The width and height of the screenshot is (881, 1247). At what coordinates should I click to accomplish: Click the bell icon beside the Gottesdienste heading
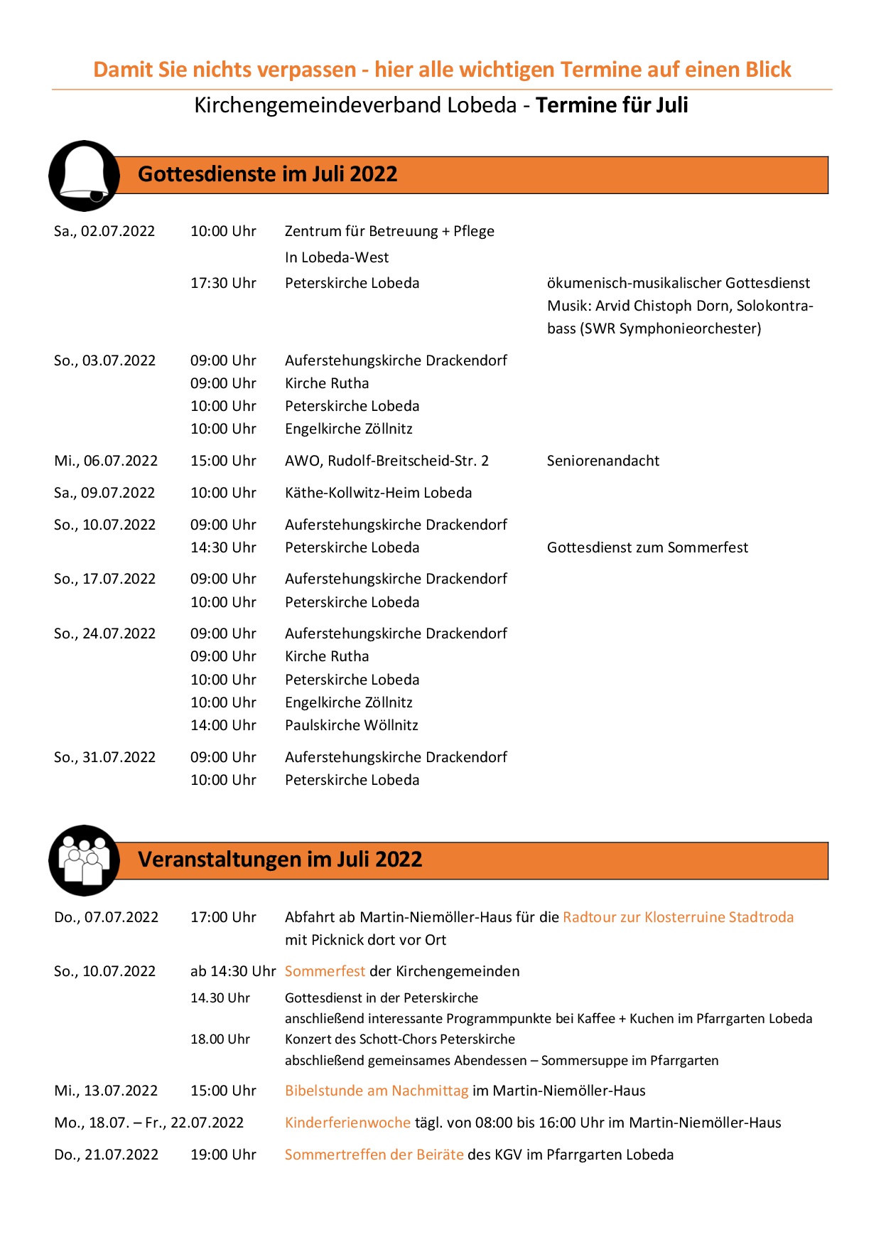tap(84, 175)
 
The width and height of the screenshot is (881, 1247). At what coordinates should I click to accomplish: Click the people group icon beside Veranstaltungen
tap(84, 860)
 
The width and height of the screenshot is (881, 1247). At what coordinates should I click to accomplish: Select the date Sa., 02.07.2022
tap(104, 231)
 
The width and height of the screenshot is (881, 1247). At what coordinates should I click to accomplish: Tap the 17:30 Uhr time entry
tap(223, 283)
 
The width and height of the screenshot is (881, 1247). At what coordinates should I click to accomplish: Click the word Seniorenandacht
tap(602, 461)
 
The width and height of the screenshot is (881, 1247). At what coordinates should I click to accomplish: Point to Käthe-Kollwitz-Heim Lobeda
tap(378, 493)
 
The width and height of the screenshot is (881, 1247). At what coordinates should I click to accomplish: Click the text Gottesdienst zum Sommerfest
tap(647, 547)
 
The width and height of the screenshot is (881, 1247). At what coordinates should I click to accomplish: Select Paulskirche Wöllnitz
tap(352, 725)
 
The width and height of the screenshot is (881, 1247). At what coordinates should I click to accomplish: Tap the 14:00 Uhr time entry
tap(223, 725)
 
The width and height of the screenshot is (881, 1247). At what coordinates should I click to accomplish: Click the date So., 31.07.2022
tap(104, 757)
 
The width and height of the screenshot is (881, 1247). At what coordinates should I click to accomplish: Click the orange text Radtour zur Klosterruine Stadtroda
tap(678, 917)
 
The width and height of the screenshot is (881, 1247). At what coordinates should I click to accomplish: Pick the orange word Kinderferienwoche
tap(347, 1123)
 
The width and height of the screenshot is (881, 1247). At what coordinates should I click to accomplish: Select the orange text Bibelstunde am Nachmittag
tap(377, 1091)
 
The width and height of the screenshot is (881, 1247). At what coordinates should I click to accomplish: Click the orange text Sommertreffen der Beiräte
tap(374, 1155)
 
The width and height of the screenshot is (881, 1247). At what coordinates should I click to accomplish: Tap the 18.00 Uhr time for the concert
tap(220, 1039)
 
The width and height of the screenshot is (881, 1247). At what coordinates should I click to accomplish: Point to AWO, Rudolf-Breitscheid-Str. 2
tap(387, 461)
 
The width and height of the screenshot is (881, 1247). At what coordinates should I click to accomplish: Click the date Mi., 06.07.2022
tap(106, 461)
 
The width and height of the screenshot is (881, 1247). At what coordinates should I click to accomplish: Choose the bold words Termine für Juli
tap(612, 105)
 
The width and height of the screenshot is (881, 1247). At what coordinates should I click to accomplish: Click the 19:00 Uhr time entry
tap(223, 1155)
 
